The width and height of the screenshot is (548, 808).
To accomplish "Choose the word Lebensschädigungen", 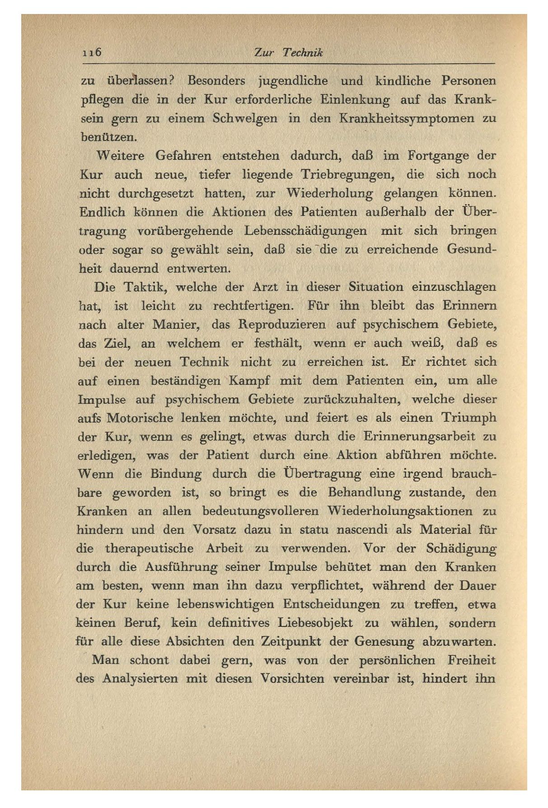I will click(x=305, y=231).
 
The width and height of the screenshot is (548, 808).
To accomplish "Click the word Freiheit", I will click(x=472, y=660).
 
